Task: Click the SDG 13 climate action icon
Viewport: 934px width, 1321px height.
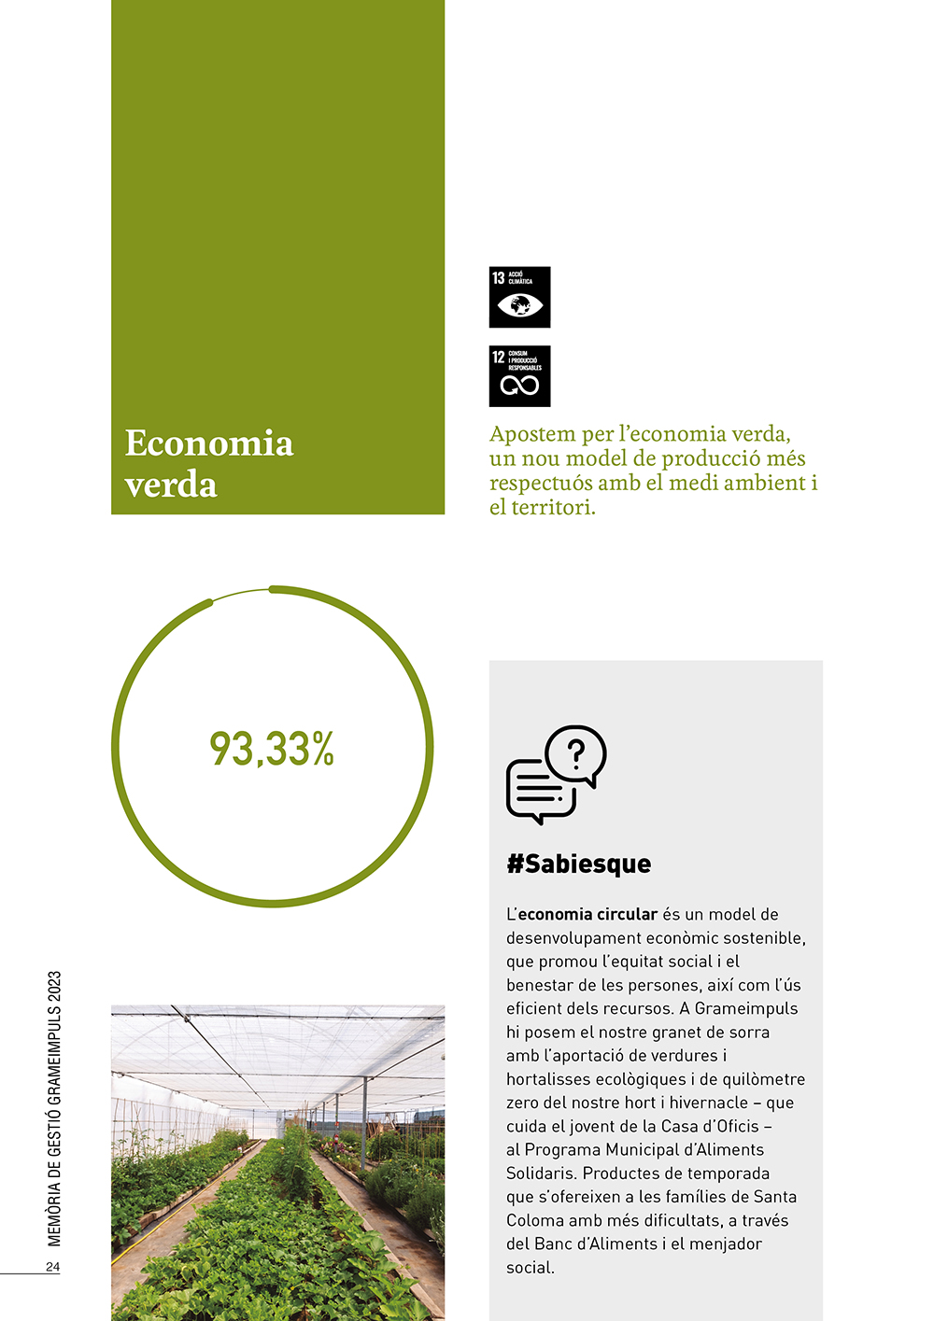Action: click(x=519, y=297)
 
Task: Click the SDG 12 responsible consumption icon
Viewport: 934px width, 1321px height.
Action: click(x=519, y=376)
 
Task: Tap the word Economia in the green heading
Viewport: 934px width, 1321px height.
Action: click(x=209, y=443)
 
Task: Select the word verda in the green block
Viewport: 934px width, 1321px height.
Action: click(x=171, y=485)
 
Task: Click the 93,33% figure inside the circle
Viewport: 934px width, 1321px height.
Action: click(x=272, y=749)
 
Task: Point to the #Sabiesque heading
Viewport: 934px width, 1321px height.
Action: click(x=578, y=864)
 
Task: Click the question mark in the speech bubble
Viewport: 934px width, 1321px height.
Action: click(x=576, y=752)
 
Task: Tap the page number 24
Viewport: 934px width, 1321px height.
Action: click(x=52, y=1267)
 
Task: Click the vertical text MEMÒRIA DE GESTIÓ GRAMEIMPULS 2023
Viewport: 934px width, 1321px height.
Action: click(x=54, y=1108)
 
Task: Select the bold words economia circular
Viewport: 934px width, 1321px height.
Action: click(x=587, y=914)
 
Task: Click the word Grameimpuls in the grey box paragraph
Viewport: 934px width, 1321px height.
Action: click(x=746, y=1008)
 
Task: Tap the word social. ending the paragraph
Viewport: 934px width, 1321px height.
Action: click(x=531, y=1267)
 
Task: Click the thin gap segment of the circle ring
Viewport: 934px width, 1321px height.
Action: click(x=241, y=594)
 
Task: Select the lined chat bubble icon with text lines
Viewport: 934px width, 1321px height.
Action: click(x=540, y=790)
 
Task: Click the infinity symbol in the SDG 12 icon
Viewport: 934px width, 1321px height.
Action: click(x=519, y=386)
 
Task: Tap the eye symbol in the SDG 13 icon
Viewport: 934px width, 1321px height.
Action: click(x=519, y=305)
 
